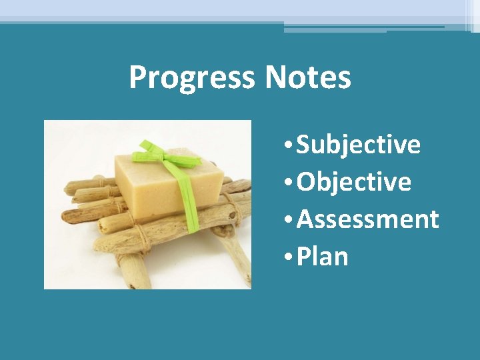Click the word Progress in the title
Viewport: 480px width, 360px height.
191,77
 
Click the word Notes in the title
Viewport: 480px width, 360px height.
307,77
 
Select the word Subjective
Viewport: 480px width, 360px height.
358,144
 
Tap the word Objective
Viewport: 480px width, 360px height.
353,181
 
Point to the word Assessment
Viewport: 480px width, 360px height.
367,219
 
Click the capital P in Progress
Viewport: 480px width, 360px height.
137,77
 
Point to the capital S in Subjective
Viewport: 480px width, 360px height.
303,144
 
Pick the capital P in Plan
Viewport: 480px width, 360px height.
303,256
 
